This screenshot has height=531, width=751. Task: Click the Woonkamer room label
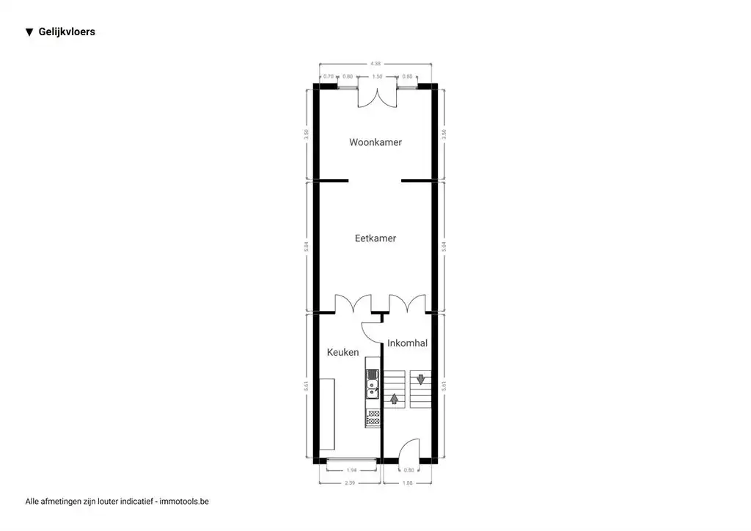click(x=375, y=142)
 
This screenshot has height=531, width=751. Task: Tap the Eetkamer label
click(x=375, y=238)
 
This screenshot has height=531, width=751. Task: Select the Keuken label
click(x=342, y=353)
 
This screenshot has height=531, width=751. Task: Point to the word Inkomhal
click(x=407, y=343)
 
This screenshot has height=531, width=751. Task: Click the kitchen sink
click(x=373, y=384)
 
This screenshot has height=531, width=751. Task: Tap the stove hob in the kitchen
click(x=373, y=419)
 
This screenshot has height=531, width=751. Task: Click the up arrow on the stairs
click(x=395, y=399)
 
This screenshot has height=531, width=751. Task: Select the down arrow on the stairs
click(x=421, y=380)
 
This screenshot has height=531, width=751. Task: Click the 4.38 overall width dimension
click(x=376, y=64)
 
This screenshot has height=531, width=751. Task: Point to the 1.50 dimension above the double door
click(x=377, y=76)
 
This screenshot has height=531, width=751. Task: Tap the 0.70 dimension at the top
click(x=329, y=76)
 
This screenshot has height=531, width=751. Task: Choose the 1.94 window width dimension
click(x=351, y=470)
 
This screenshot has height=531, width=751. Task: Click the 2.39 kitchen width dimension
click(x=351, y=483)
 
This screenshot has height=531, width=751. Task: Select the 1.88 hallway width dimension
click(x=408, y=483)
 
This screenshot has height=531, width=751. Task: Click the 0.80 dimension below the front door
click(x=409, y=470)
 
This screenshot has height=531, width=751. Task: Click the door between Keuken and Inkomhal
click(x=372, y=332)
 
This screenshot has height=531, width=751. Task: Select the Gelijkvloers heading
click(x=67, y=32)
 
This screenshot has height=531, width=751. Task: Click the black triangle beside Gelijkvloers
click(x=29, y=32)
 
